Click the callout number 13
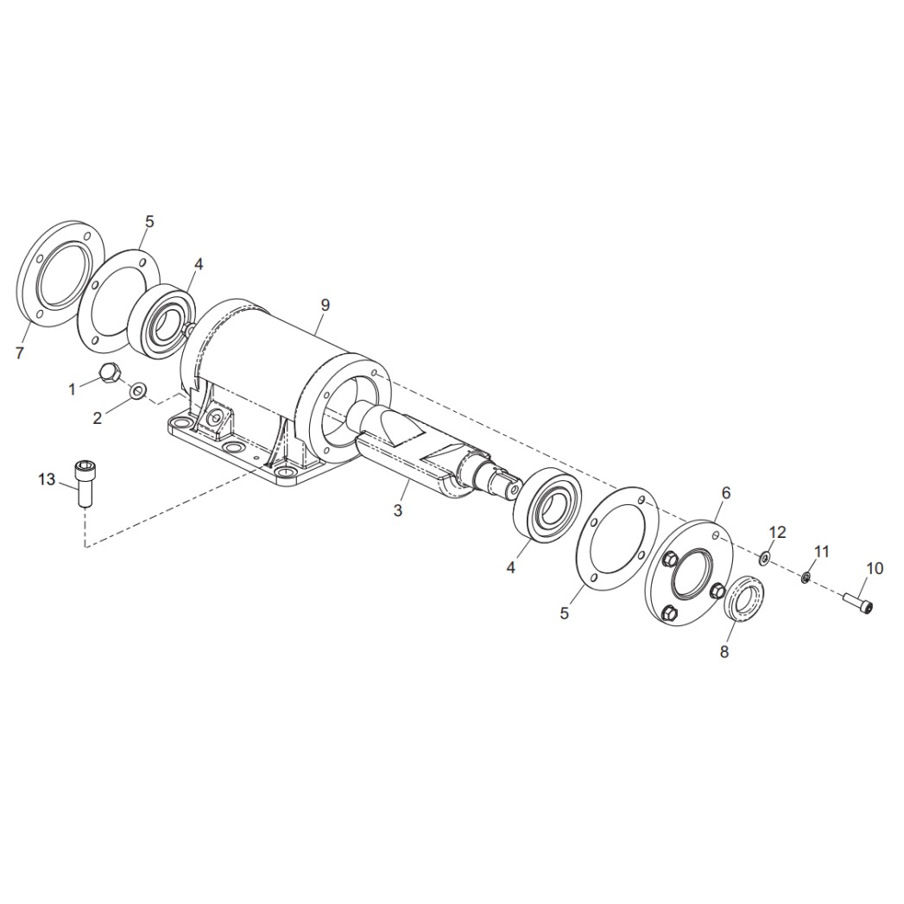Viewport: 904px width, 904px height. [47, 480]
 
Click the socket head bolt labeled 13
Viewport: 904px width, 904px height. [85, 484]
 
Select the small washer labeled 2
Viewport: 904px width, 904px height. [138, 391]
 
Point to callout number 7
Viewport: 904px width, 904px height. [20, 353]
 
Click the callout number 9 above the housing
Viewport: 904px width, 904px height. [326, 305]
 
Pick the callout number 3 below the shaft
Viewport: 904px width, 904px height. [397, 510]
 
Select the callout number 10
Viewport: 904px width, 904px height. [875, 568]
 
